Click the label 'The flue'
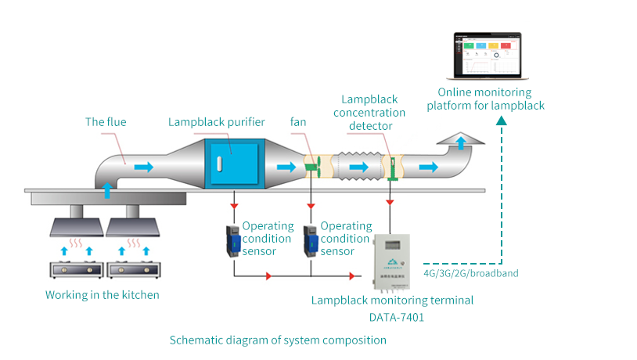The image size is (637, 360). [x=106, y=122]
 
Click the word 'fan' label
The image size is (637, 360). [x=298, y=122]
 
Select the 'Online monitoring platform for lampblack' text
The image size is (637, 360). [x=485, y=99]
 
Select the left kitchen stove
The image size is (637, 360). [x=77, y=269]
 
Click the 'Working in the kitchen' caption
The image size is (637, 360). [x=102, y=295]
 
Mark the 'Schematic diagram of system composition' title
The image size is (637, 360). [x=278, y=340]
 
